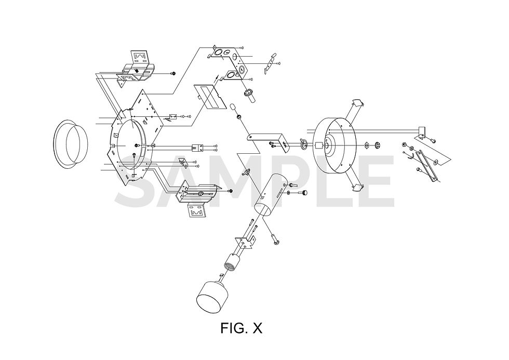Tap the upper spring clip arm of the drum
click(357, 106)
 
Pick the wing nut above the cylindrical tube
click(247, 171)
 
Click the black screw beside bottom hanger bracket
click(230, 191)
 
